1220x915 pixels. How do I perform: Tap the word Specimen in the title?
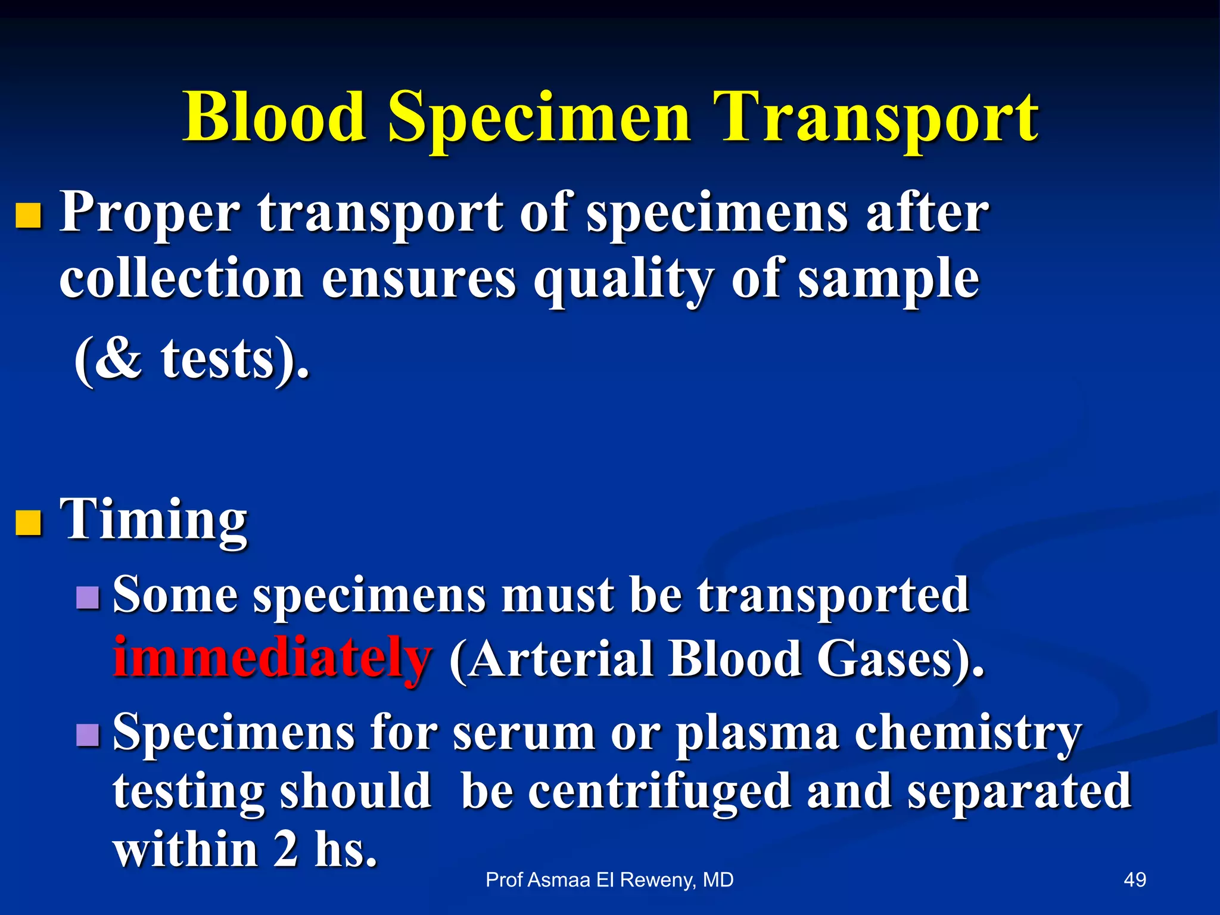coord(539,119)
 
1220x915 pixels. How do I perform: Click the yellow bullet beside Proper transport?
coord(29,216)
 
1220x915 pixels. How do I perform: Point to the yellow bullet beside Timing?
coord(29,523)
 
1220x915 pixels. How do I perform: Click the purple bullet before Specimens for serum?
coord(88,735)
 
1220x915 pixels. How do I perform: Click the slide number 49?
coord(1134,880)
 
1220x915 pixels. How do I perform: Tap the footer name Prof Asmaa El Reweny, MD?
coord(609,880)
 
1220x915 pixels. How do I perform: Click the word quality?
coord(623,280)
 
